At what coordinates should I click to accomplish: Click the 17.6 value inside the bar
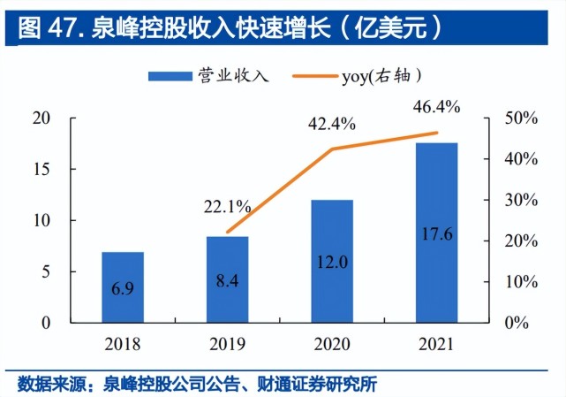pos(436,234)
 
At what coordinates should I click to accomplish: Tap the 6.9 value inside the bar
pos(123,290)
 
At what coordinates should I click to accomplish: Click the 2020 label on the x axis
pos(332,343)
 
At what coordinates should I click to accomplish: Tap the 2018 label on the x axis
pos(123,343)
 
